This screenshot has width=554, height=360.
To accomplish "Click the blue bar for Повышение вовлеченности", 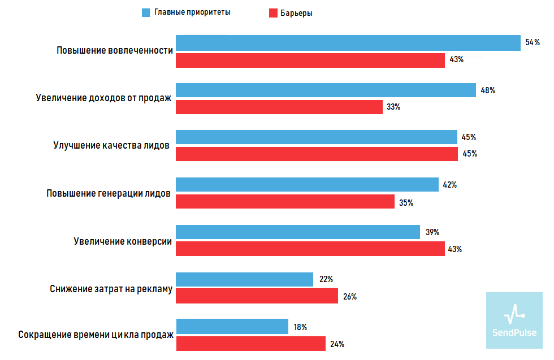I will click(x=348, y=43).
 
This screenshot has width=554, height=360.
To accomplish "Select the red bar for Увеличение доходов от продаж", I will click(x=279, y=107).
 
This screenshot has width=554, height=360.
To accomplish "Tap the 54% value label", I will click(x=532, y=43).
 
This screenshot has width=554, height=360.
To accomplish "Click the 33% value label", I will click(x=393, y=107).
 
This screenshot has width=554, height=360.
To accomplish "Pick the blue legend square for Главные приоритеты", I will click(x=146, y=12).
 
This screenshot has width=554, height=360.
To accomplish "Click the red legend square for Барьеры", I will click(x=272, y=13).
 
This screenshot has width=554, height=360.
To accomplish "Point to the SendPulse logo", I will click(x=514, y=320).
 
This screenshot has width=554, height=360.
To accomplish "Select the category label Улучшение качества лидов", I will click(x=111, y=145).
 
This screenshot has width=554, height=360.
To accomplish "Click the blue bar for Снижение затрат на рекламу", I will click(x=244, y=279).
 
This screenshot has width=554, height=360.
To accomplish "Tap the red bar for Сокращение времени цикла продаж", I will click(x=250, y=344).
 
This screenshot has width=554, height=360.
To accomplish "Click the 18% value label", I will click(x=300, y=327).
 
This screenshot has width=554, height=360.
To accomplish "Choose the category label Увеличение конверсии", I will click(x=123, y=241).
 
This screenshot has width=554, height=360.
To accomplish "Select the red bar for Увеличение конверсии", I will click(x=310, y=249).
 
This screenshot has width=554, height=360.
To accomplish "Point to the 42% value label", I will click(x=449, y=185).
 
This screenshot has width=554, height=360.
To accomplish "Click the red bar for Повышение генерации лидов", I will click(x=285, y=202).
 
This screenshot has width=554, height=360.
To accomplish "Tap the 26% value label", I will click(x=349, y=296).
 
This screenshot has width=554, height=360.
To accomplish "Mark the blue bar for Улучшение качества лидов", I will click(x=317, y=137).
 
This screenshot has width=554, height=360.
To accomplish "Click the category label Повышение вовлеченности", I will click(x=114, y=50).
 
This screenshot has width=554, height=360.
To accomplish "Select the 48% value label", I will click(x=488, y=90).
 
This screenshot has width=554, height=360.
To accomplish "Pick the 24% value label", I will click(x=337, y=344).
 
